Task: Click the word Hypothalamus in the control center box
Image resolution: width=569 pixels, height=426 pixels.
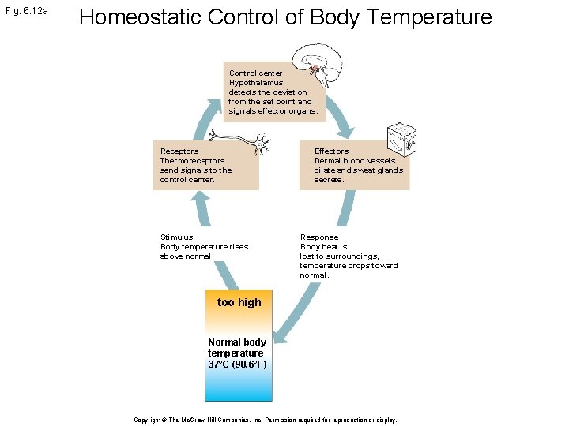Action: point(256,83)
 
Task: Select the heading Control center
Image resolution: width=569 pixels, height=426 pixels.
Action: point(255,73)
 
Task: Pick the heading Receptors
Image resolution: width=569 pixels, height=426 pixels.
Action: point(179,151)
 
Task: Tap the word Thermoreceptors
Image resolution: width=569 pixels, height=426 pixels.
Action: point(192,161)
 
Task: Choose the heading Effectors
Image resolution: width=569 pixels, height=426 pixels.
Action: point(331,151)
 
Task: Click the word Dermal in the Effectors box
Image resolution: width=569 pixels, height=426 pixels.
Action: point(329,161)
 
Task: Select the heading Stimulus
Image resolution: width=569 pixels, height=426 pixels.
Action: point(176,237)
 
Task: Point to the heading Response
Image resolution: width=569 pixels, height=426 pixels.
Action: point(319,237)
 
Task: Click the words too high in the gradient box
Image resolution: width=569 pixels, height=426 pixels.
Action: point(239,302)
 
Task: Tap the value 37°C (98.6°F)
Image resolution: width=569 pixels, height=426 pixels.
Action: point(237,364)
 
